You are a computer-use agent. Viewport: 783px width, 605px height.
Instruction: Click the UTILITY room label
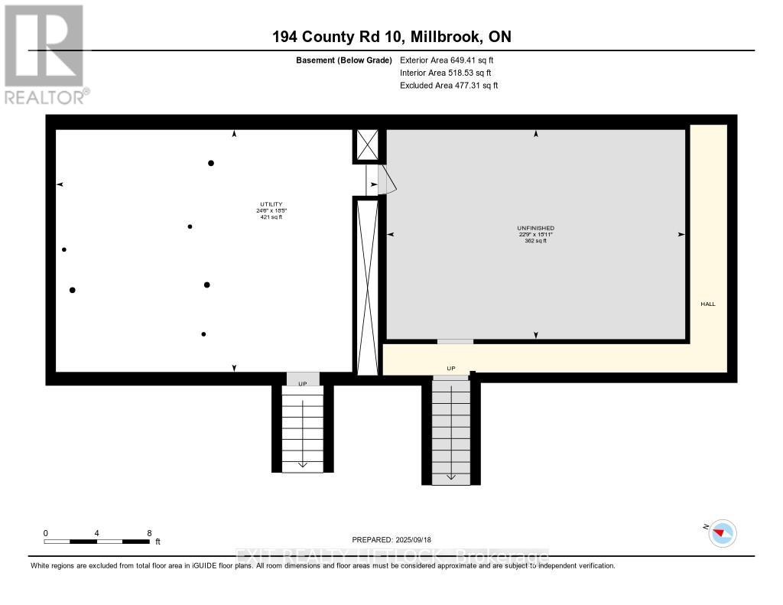point(271,204)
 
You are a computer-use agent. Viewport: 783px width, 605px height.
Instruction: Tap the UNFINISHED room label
point(535,228)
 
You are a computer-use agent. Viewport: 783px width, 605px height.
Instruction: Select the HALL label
point(708,304)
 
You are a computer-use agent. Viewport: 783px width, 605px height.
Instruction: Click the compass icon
point(722,532)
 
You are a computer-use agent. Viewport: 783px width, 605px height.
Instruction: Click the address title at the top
point(391,37)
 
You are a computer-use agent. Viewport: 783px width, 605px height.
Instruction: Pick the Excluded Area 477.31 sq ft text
point(449,86)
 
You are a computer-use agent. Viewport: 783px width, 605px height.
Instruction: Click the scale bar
point(97,542)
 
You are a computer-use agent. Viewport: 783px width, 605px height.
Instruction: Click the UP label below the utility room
point(303,383)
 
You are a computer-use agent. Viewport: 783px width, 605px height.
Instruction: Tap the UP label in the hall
point(451,369)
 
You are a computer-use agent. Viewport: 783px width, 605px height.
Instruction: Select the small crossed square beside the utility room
point(366,145)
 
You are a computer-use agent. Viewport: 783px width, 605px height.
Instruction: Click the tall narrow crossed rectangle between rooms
point(368,287)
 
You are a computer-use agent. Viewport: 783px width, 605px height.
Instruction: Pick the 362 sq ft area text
point(535,241)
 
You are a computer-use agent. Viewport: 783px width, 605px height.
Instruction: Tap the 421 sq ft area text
point(271,217)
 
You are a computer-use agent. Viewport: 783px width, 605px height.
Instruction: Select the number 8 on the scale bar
point(149,533)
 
